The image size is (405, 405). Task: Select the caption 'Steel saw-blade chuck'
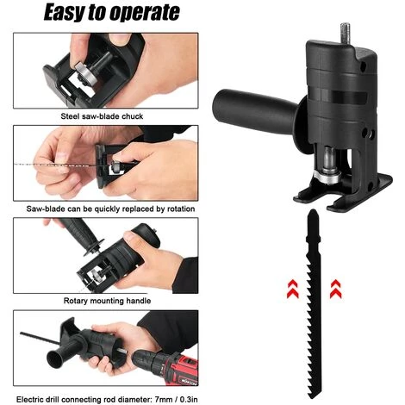pos(102,116)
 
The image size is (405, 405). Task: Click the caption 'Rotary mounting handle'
pos(107,301)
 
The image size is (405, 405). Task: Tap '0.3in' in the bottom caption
pos(189,399)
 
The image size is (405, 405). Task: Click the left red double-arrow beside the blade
pos(293,289)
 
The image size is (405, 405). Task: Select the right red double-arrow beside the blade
pos(335,289)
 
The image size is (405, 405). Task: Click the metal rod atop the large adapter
pos(346,33)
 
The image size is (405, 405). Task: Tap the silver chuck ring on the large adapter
pos(328,176)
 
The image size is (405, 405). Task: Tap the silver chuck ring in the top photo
pos(85,73)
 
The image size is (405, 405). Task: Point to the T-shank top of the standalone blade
pos(313,226)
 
